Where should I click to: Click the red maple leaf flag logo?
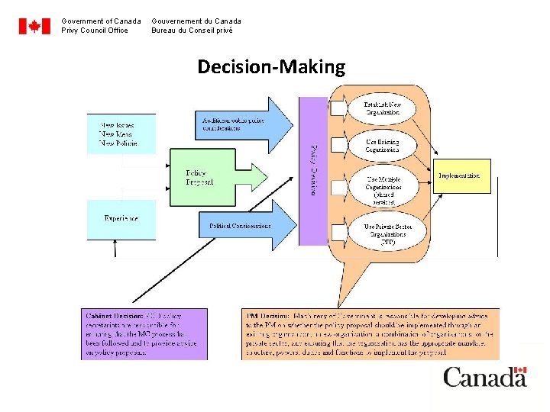[34, 26]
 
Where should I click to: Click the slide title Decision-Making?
[271, 67]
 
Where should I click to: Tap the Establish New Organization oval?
[382, 108]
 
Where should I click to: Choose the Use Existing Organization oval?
[382, 146]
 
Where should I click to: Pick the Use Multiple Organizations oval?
[382, 187]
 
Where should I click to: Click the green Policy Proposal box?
[202, 177]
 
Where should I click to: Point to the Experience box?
[121, 218]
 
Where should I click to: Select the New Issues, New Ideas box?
[121, 134]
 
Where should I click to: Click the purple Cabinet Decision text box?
[144, 333]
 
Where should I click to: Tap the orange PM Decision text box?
[363, 333]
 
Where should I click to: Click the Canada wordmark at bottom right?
[485, 376]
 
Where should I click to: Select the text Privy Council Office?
[95, 31]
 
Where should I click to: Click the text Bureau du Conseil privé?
[192, 31]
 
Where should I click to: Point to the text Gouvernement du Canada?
[196, 21]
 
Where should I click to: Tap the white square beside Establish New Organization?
[338, 108]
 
